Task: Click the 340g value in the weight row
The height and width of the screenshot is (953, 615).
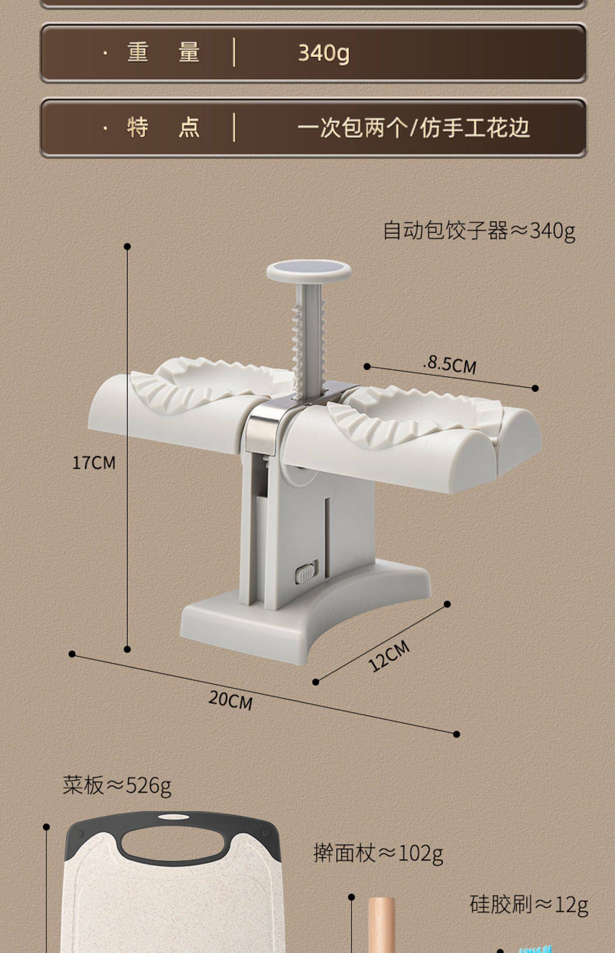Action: (x=323, y=53)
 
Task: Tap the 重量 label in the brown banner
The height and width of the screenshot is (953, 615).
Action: (x=163, y=53)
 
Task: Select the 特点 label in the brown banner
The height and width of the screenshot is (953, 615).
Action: (x=163, y=127)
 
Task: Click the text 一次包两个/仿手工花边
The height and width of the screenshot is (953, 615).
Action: (x=413, y=128)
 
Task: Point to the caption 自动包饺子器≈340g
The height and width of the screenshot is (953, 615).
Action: (x=478, y=230)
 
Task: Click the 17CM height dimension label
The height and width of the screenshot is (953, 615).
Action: (x=94, y=463)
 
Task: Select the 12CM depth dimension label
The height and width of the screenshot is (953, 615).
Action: (x=388, y=655)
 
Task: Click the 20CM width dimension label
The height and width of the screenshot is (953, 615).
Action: (x=230, y=699)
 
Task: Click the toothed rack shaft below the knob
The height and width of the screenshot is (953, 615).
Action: (x=308, y=337)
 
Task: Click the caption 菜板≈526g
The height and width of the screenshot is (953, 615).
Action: (x=117, y=786)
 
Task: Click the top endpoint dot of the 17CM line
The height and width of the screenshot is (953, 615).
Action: (x=127, y=246)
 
